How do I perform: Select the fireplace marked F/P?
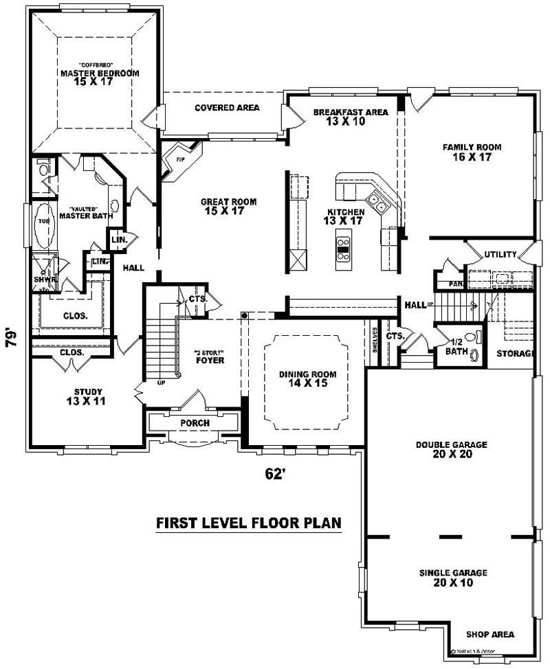click(x=180, y=159)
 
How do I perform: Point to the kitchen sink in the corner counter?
click(x=376, y=201)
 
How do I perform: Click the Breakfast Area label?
click(x=350, y=117)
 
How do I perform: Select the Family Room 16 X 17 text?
click(x=471, y=152)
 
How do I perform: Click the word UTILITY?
click(x=500, y=255)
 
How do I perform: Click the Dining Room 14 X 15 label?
click(x=307, y=378)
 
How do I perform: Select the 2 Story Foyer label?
click(x=209, y=356)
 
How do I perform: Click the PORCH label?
click(x=195, y=423)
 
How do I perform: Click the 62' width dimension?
click(x=275, y=473)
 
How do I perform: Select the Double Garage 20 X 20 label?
click(x=451, y=449)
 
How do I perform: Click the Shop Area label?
click(x=489, y=635)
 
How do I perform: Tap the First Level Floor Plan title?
click(x=248, y=523)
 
